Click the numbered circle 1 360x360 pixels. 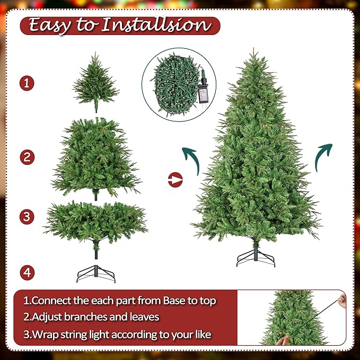pyautogui.click(x=27, y=83)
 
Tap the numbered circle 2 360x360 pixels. pyautogui.click(x=27, y=157)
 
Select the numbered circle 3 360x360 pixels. pyautogui.click(x=27, y=216)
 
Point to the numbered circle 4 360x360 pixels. pyautogui.click(x=27, y=273)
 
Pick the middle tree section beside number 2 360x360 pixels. pyautogui.click(x=95, y=157)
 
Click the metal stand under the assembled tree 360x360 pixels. pyautogui.click(x=256, y=257)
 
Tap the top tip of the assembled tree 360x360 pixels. pyautogui.click(x=254, y=51)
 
